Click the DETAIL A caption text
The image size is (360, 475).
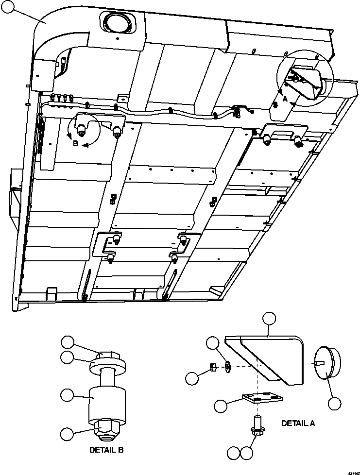(298, 423)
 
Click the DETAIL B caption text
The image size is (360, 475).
(106, 450)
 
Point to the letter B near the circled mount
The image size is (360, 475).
(75, 144)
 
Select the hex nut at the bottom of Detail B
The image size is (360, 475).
(106, 427)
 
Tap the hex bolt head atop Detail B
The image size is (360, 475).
(106, 357)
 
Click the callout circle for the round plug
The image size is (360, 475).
(334, 403)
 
